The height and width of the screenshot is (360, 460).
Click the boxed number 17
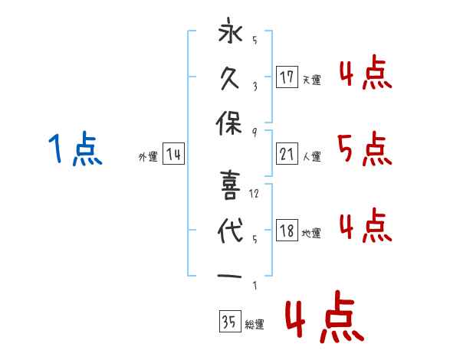pyautogui.click(x=287, y=77)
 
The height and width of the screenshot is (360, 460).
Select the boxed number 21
pyautogui.click(x=287, y=154)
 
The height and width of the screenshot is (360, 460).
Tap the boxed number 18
pyautogui.click(x=287, y=231)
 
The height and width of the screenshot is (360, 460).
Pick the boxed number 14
pyautogui.click(x=173, y=155)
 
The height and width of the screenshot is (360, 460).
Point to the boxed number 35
pyautogui.click(x=228, y=322)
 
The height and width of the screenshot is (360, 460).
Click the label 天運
pyautogui.click(x=311, y=79)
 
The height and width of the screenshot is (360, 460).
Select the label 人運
pyautogui.click(x=311, y=156)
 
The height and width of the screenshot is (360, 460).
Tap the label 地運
pyautogui.click(x=311, y=234)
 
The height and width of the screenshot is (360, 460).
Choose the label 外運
pyautogui.click(x=147, y=156)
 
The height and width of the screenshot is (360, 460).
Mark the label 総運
pyautogui.click(x=254, y=325)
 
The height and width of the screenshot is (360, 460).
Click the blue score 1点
pyautogui.click(x=74, y=149)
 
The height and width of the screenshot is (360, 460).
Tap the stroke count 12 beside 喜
pyautogui.click(x=255, y=194)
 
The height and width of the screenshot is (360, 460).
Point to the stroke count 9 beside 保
pyautogui.click(x=254, y=132)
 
